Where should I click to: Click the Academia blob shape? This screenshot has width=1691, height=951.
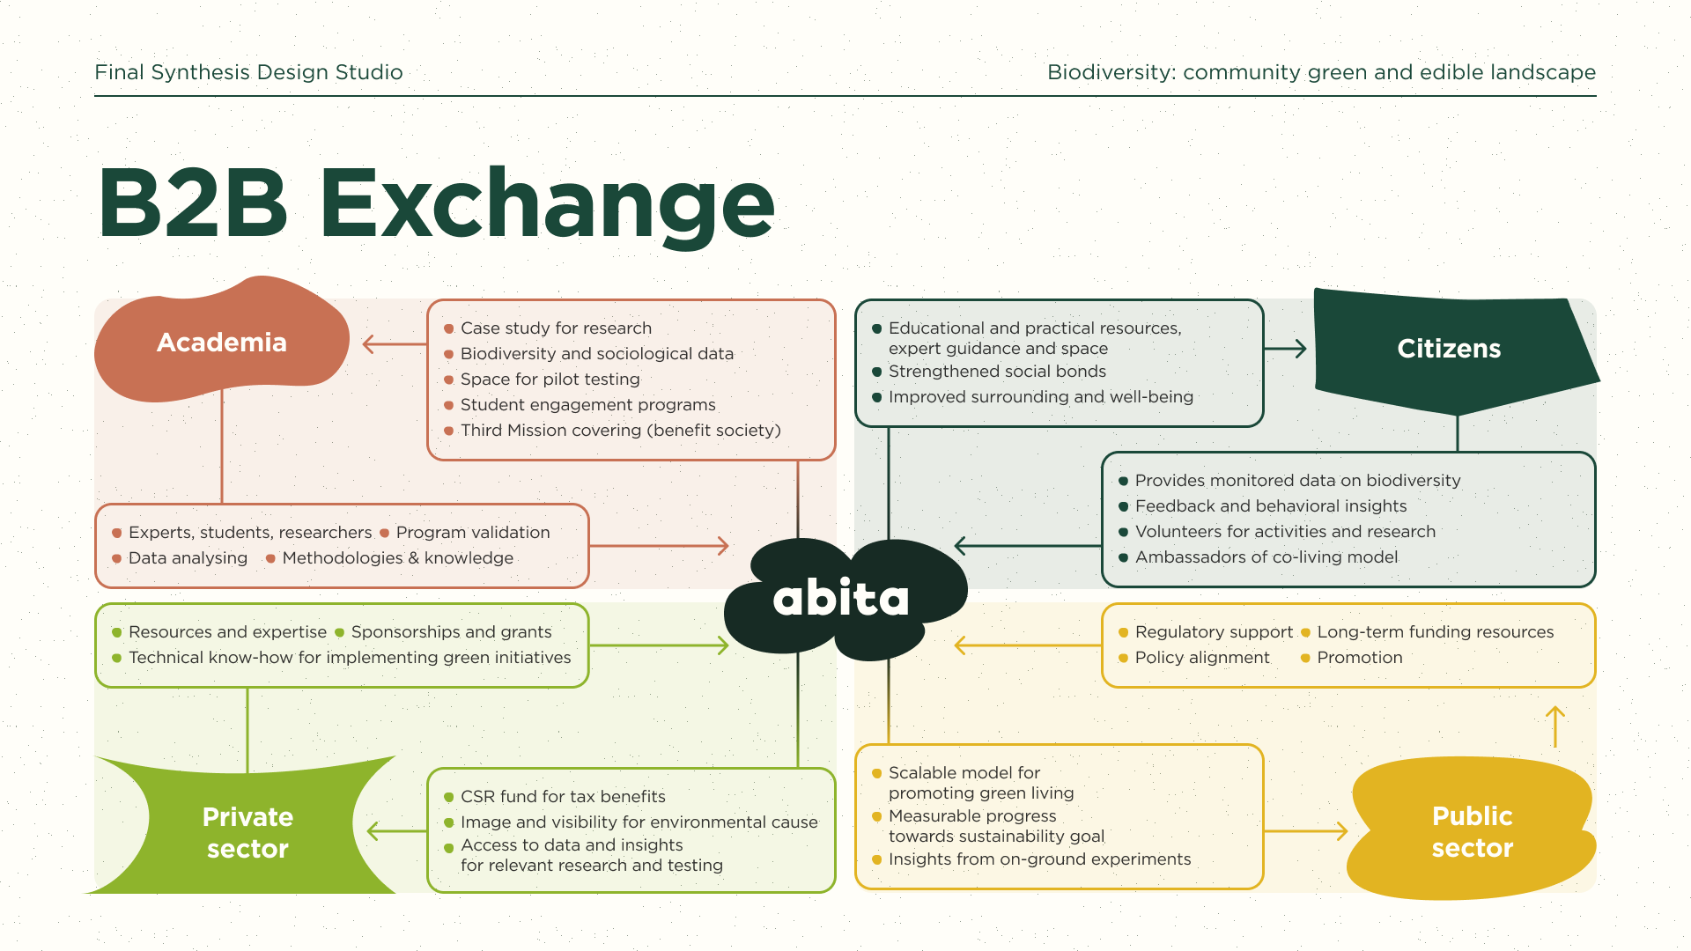click(x=222, y=342)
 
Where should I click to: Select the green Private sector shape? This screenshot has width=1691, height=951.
click(x=247, y=828)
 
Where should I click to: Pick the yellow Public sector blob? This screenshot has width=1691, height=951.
click(x=1471, y=829)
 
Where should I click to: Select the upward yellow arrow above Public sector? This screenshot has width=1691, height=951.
click(x=1555, y=726)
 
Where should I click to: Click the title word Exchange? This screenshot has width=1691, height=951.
click(x=547, y=204)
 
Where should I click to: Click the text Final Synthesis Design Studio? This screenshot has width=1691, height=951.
click(x=248, y=72)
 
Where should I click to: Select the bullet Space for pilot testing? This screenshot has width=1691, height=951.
click(x=550, y=380)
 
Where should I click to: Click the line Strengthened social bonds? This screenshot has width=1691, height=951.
click(x=997, y=372)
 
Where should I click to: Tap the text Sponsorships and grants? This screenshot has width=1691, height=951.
click(x=451, y=632)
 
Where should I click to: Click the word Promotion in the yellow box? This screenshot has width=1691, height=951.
click(x=1359, y=658)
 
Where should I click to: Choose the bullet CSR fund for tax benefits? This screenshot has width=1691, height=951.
click(x=563, y=797)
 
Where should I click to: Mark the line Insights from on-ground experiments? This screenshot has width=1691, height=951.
click(x=1039, y=859)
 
